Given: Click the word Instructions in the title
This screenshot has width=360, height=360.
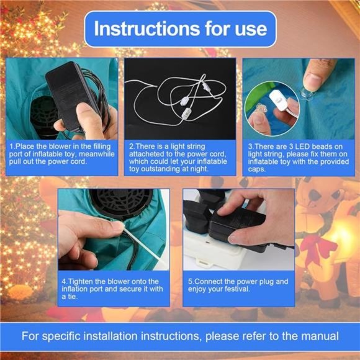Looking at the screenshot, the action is pos(147,29).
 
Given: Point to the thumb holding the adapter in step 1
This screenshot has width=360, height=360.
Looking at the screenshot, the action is pos(86,115).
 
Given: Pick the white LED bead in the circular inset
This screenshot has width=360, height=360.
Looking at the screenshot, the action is pos(279,101).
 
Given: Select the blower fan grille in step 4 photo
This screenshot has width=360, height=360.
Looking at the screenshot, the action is pos(121,203).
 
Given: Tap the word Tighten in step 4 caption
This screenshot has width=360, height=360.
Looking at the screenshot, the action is pos(79,281).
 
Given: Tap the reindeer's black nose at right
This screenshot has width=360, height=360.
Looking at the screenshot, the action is pos(314,195).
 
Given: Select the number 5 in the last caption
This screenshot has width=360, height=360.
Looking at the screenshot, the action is pos(190,282).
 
